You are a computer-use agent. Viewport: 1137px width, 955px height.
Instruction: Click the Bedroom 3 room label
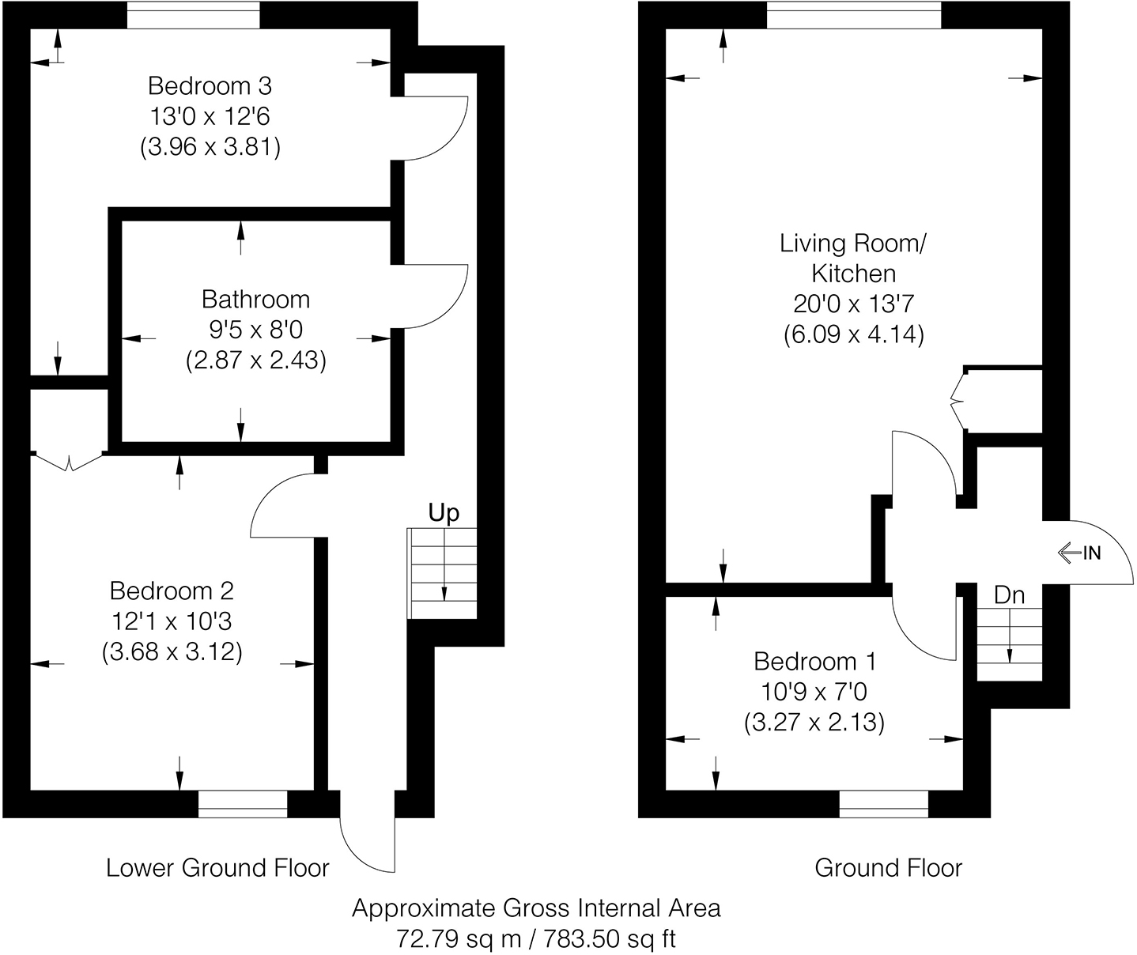coord(210,85)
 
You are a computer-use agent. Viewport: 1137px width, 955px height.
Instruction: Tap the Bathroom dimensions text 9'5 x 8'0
coord(255,330)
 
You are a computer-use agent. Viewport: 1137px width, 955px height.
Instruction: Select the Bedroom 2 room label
coord(172,591)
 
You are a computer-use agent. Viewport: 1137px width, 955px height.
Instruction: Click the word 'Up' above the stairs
coord(444,514)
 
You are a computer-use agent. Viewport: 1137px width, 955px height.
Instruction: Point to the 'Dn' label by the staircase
coord(1009,595)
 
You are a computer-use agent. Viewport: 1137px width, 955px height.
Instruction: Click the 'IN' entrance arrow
coord(1079,553)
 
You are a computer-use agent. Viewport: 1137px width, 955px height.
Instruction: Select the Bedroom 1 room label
coord(814,661)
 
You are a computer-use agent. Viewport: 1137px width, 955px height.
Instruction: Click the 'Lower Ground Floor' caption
coord(217,868)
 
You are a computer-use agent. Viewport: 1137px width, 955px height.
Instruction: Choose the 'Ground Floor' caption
coord(888,868)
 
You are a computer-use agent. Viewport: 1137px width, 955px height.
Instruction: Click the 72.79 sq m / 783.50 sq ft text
coord(536,939)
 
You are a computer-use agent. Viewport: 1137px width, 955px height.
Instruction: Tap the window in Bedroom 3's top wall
coord(194,16)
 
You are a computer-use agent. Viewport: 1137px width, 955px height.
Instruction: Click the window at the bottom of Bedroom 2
coord(243,803)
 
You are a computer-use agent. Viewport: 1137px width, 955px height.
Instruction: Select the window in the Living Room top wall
coord(854,16)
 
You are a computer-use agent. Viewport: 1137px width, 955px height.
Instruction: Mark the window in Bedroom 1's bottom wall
coord(883,803)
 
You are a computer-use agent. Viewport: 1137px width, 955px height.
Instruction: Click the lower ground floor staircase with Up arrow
coord(443,573)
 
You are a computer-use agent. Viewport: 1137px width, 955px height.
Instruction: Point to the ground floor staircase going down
coord(1009,644)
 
